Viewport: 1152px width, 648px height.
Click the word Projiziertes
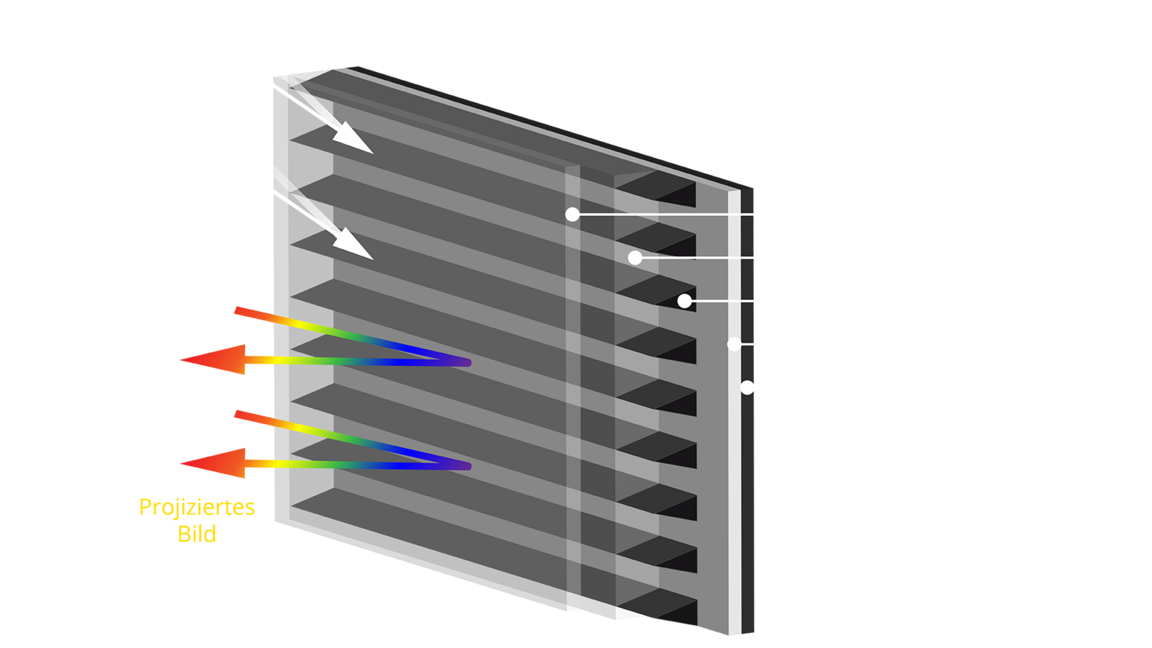click(x=197, y=508)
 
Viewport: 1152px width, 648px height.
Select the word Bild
click(x=197, y=534)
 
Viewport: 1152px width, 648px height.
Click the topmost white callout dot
click(x=572, y=215)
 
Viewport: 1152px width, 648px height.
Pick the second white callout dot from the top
click(x=635, y=258)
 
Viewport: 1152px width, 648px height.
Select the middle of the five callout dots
click(x=685, y=301)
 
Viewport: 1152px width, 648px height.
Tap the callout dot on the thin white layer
click(x=734, y=344)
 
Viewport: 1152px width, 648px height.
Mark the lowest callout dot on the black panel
click(x=747, y=387)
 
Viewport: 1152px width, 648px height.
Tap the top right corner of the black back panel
click(x=753, y=189)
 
